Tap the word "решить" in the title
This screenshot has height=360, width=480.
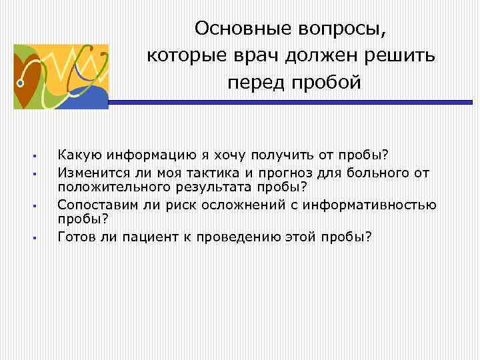[404, 56]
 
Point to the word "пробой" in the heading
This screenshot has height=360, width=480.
[327, 83]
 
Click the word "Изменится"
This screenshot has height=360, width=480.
[90, 173]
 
